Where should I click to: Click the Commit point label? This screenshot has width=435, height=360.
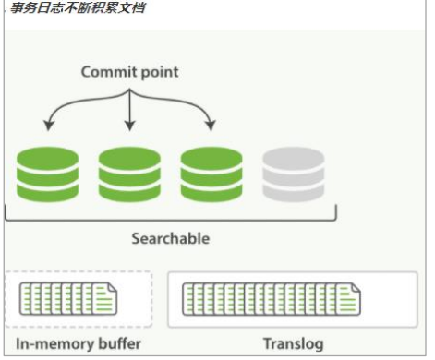coord(128,71)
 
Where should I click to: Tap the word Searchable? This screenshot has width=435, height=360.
coord(170,238)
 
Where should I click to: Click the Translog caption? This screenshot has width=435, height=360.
coord(293,344)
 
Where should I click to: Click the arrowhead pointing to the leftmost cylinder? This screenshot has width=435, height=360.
coord(46,126)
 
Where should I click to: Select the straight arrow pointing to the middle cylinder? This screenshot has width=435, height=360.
coord(129,106)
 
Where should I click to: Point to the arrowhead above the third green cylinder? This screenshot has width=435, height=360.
coord(211,126)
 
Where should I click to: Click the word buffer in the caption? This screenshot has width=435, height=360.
coord(119,344)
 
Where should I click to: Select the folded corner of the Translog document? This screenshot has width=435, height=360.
coord(355,287)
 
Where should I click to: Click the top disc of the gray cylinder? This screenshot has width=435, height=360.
coord(293,156)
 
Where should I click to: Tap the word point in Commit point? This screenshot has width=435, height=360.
coord(159,71)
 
